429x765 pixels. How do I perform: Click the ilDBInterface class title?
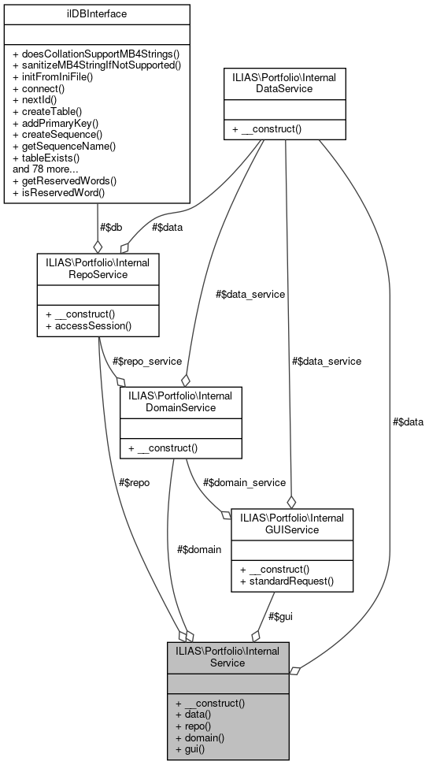point(97,14)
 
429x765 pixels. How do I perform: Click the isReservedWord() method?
point(58,191)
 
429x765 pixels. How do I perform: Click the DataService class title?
point(285,84)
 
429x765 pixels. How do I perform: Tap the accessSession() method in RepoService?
point(88,325)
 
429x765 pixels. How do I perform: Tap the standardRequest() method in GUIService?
point(287,581)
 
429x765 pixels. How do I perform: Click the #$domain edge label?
point(199,549)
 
